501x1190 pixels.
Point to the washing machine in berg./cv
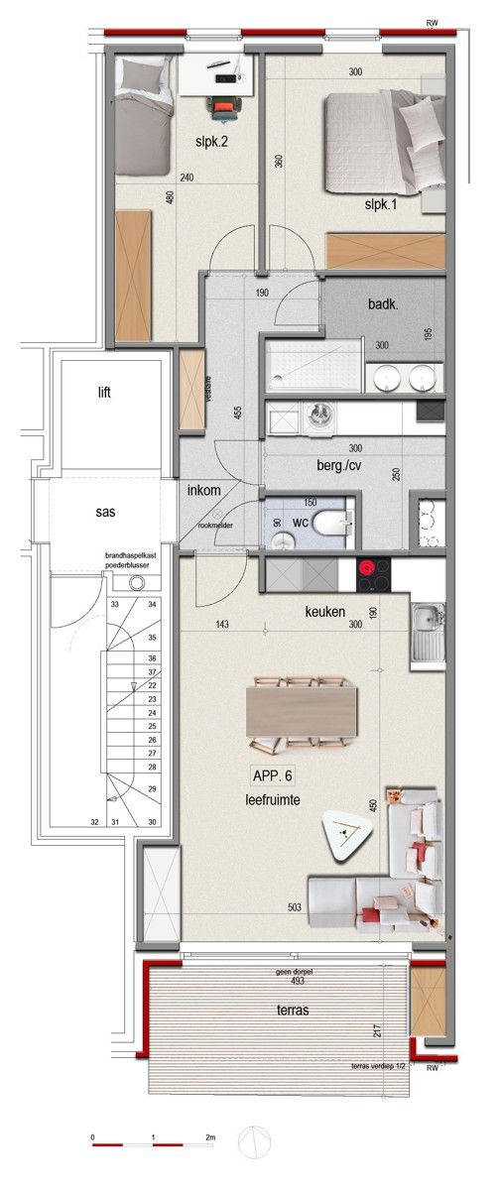[319, 416]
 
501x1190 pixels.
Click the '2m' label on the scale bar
[210, 1136]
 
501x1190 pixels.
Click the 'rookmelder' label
[214, 526]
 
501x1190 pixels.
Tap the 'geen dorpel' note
[293, 972]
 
